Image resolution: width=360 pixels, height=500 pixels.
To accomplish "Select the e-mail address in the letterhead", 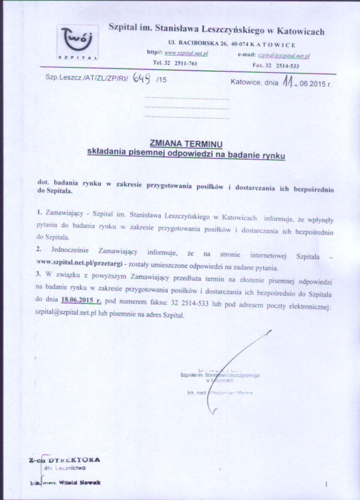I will (x=283, y=55).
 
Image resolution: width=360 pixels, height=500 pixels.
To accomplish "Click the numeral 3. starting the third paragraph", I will (x=38, y=275).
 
